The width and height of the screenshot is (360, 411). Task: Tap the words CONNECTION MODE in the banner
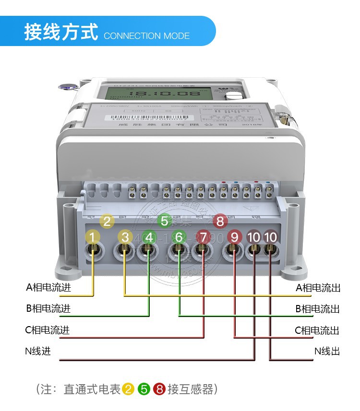(146, 36)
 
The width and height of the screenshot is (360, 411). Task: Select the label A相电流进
(48, 288)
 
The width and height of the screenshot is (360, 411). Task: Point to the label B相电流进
(48, 308)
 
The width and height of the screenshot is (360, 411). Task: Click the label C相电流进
(48, 330)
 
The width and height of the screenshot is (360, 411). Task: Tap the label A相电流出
(318, 288)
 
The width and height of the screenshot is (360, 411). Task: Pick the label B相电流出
(317, 309)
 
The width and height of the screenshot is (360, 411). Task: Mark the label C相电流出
(317, 330)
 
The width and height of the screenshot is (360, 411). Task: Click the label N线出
(327, 351)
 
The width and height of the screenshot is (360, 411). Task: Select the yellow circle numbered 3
(125, 237)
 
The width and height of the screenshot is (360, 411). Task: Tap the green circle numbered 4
(149, 237)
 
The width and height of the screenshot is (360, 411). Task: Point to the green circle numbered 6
(179, 237)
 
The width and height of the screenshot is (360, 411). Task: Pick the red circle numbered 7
(203, 237)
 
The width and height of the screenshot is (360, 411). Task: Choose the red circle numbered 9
(234, 237)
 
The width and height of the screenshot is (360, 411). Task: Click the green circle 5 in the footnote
(144, 389)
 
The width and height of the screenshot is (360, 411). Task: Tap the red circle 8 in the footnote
(159, 389)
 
